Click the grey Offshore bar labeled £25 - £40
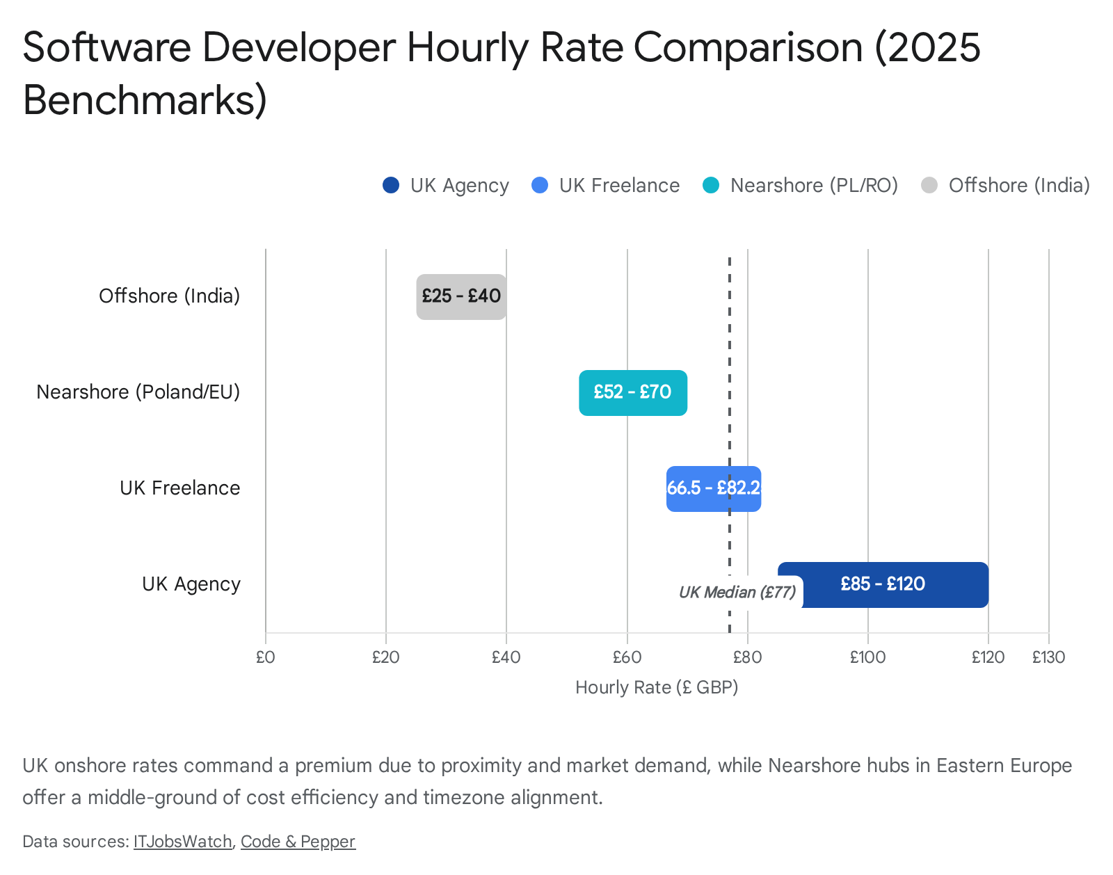click(461, 297)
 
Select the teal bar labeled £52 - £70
click(633, 393)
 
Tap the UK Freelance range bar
click(714, 489)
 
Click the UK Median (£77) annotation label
click(737, 593)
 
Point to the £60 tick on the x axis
click(627, 657)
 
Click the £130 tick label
click(1048, 657)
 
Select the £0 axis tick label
click(265, 657)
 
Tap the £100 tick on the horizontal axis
click(867, 657)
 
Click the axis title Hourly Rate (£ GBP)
click(657, 688)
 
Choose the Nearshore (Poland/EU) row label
click(138, 392)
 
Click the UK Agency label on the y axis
click(191, 584)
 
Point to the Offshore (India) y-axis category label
click(170, 296)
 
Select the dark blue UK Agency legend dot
click(391, 186)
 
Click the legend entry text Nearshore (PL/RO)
click(814, 186)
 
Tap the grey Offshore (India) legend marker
click(929, 186)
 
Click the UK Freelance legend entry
click(619, 186)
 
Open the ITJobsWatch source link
click(183, 842)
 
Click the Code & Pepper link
click(298, 842)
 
